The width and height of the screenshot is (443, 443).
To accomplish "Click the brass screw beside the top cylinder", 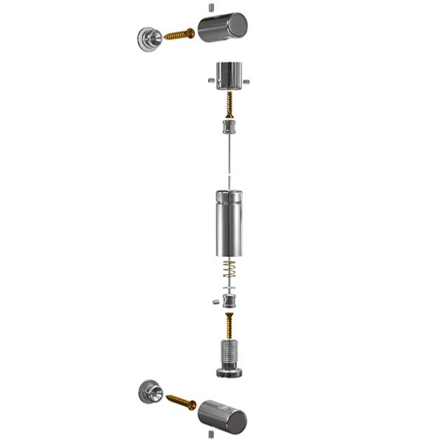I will point(179,34).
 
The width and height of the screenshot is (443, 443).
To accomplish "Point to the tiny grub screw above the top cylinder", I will point(210,7).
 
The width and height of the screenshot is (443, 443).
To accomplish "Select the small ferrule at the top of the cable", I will point(230,127).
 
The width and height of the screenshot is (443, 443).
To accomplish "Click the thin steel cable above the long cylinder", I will point(230,159).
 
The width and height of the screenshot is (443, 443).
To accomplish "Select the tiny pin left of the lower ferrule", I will point(213,301).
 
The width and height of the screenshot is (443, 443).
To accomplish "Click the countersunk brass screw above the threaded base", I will point(230,325).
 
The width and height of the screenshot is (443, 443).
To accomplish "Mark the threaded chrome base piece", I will point(230,358).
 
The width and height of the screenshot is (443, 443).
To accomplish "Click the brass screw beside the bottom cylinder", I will point(181,402).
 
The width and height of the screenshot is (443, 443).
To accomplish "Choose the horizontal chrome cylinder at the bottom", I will point(222,416).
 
